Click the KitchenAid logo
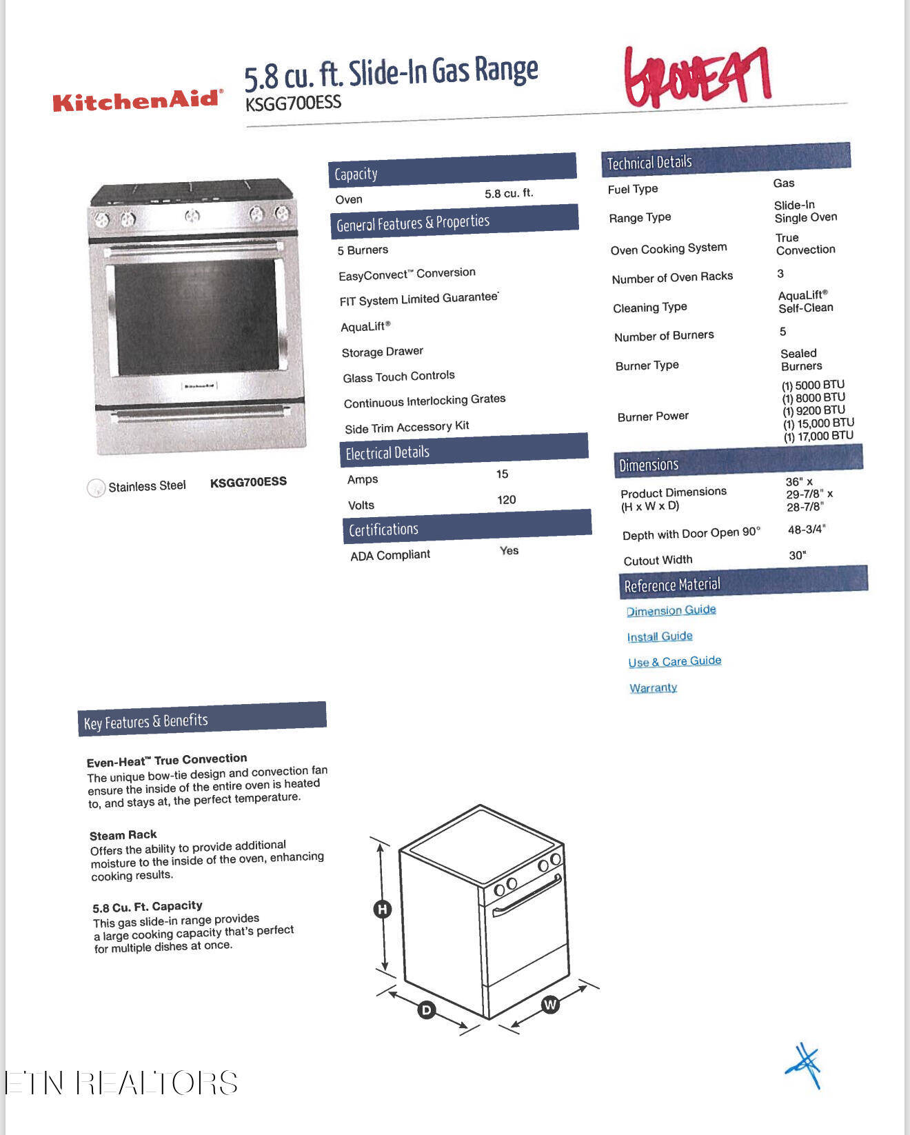[138, 101]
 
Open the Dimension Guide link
[671, 610]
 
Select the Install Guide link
[660, 636]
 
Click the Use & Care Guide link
[674, 661]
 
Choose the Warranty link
[653, 687]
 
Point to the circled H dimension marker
[382, 909]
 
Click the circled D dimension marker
[427, 1010]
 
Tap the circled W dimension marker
[549, 1004]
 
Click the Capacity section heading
[356, 174]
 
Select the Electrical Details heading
[387, 453]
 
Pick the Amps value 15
[502, 474]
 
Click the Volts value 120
[506, 500]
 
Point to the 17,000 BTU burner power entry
[818, 436]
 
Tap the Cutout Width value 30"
[797, 555]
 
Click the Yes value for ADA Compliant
[509, 550]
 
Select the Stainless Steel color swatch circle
[96, 488]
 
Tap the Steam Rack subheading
[123, 835]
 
